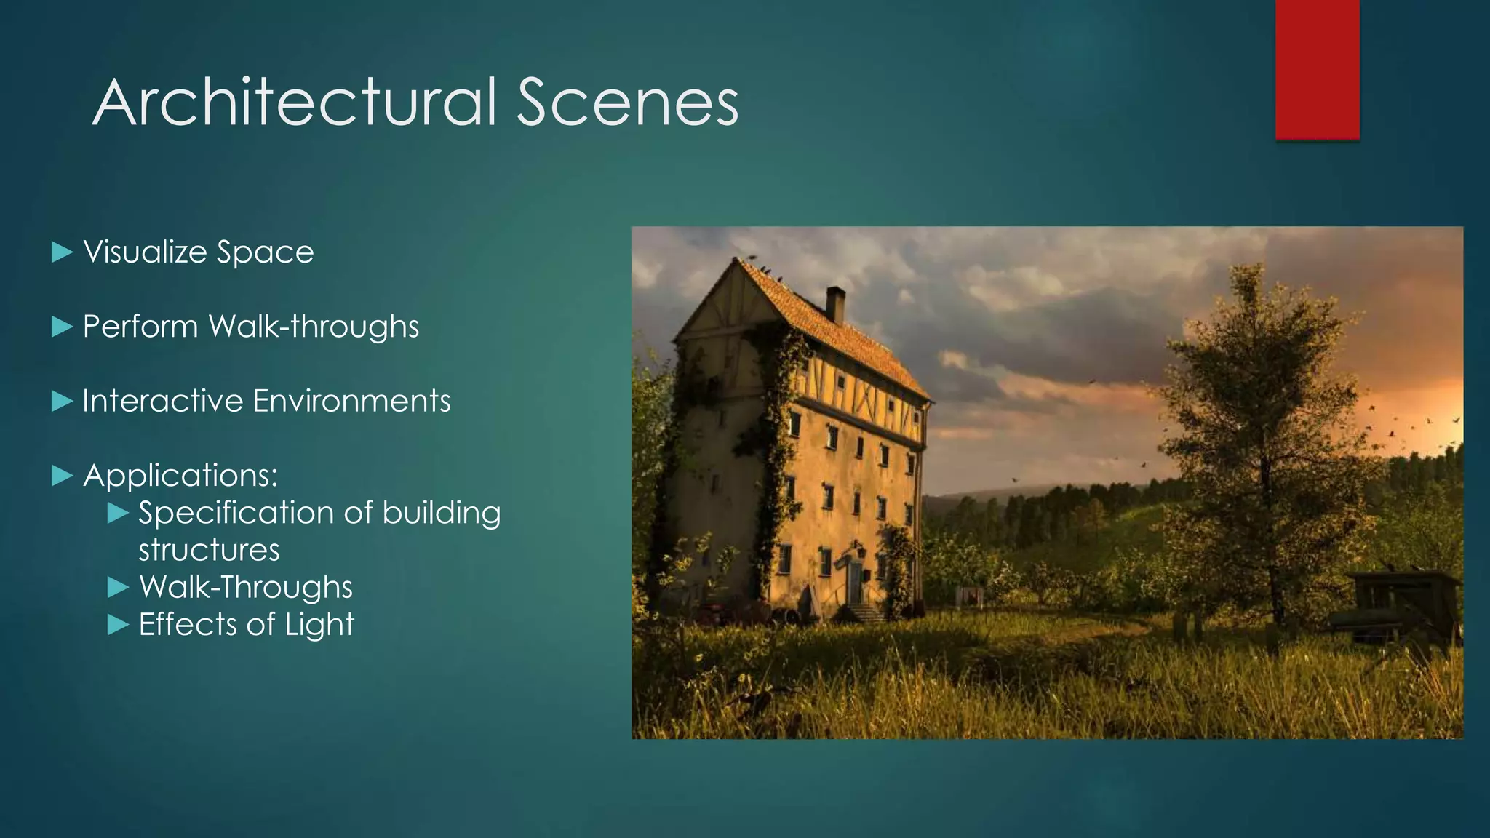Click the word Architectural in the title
click(295, 103)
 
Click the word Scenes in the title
click(627, 103)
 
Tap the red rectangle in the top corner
click(1317, 69)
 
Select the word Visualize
click(146, 252)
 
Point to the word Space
click(265, 253)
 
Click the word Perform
click(140, 327)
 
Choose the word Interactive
click(162, 401)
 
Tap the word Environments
click(351, 401)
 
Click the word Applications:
click(180, 476)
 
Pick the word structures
click(209, 550)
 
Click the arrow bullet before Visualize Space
click(63, 252)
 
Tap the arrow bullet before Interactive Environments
click(63, 401)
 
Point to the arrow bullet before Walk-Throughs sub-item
click(118, 587)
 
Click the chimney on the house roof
click(835, 305)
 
